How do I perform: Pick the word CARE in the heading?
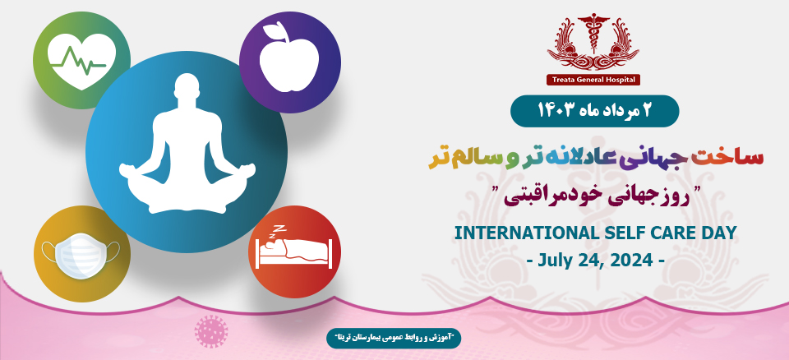click(661, 233)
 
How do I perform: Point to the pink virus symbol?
click(210, 330)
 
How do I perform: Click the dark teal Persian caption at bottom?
click(394, 337)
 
